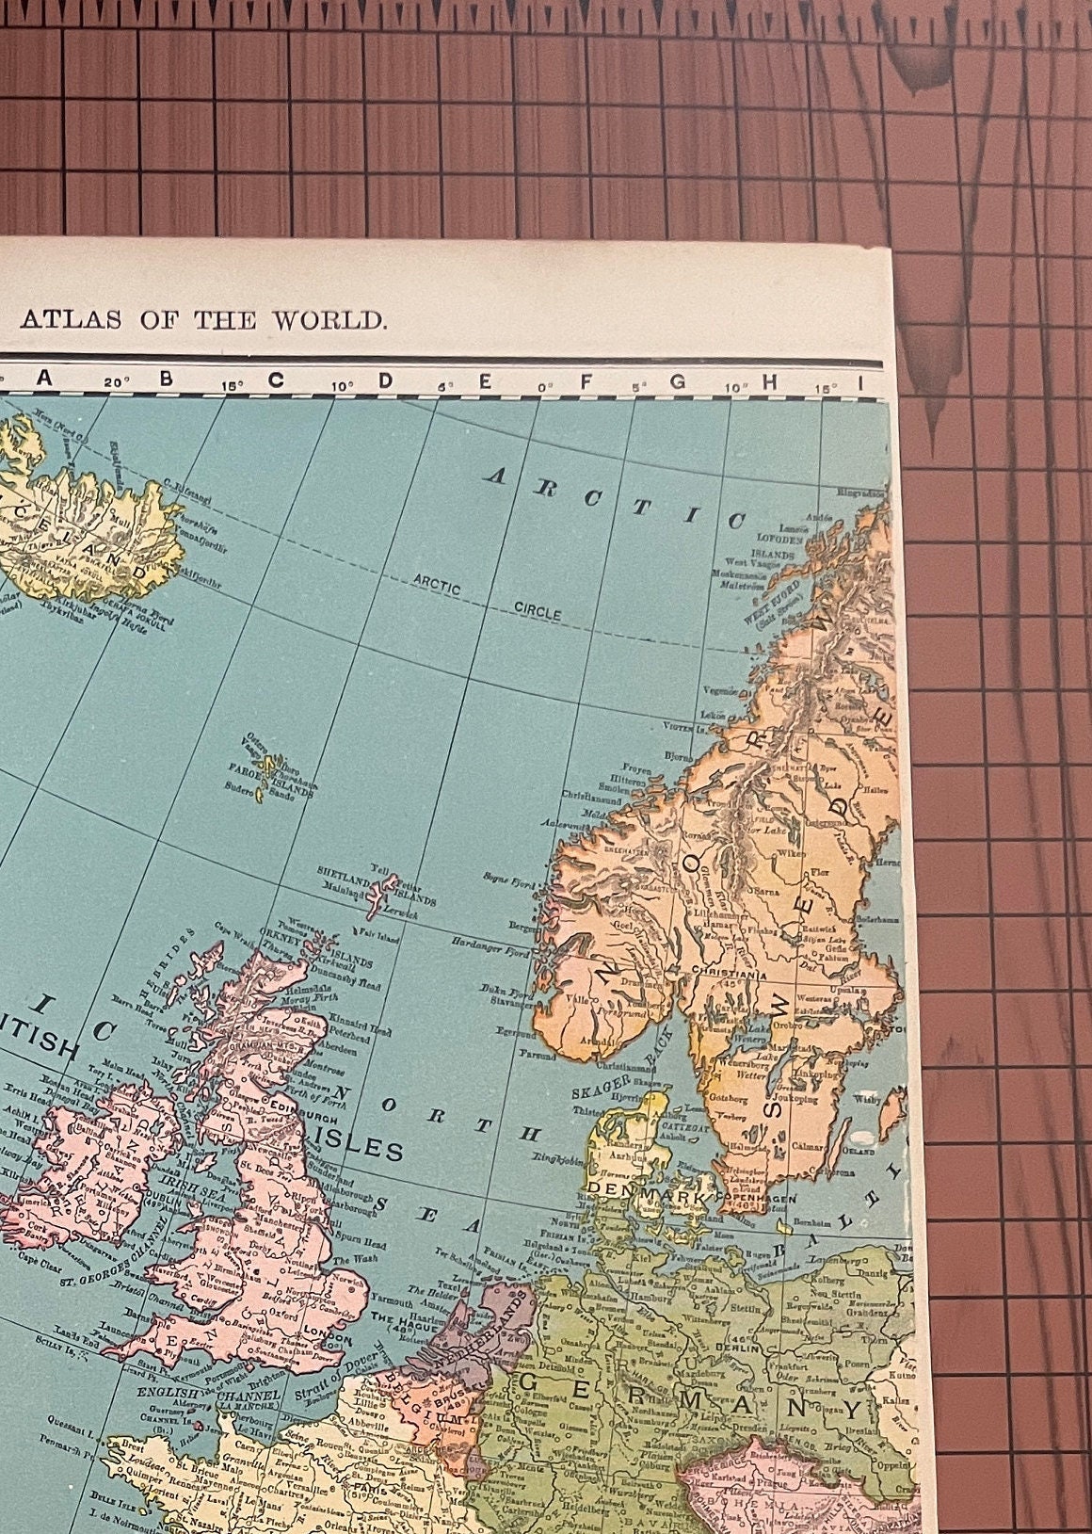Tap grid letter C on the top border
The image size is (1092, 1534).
(x=276, y=380)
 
